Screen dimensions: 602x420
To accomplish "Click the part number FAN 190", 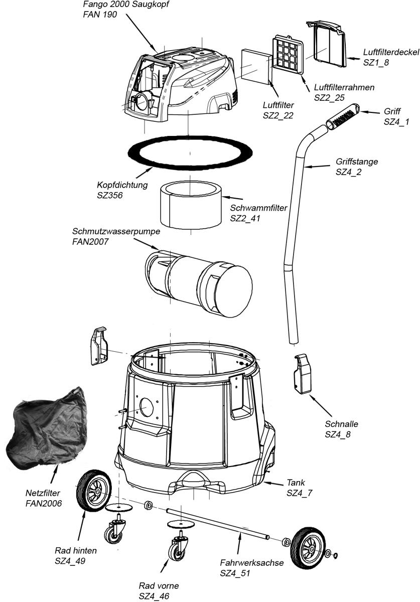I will (x=100, y=15).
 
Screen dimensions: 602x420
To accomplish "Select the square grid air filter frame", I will (x=289, y=56).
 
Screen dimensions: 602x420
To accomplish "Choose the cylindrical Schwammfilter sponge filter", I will (x=191, y=205).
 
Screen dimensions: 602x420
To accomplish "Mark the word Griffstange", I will (x=356, y=163).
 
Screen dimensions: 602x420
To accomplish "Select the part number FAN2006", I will (x=44, y=502).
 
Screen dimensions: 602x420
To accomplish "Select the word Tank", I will (x=296, y=483).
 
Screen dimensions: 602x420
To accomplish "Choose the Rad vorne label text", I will (x=159, y=586).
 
